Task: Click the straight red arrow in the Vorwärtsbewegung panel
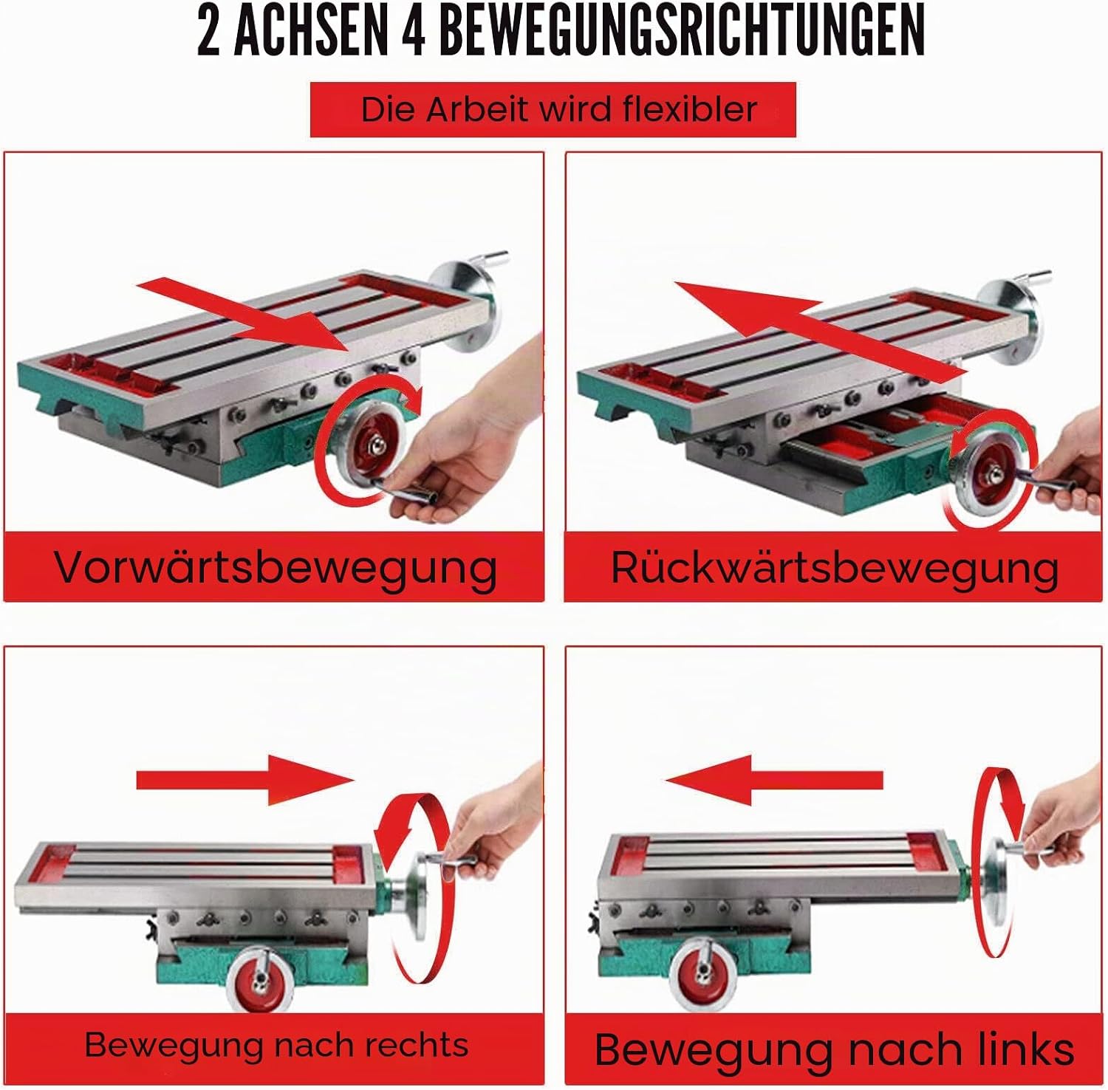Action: click(x=244, y=312)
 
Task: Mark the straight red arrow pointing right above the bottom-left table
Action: click(x=245, y=780)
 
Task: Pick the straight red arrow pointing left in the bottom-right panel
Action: click(x=773, y=780)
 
